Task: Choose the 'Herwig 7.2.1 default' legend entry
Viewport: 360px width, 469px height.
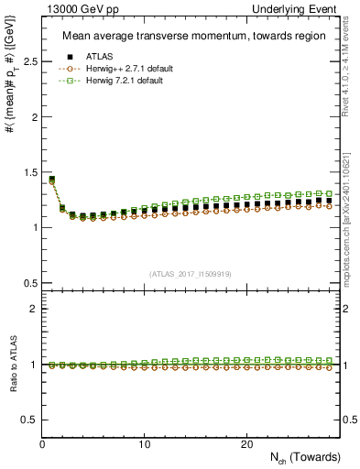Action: pos(126,81)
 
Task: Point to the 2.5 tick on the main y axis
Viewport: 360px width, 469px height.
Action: pos(28,62)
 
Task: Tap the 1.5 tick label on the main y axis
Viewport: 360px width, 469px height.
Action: pos(28,172)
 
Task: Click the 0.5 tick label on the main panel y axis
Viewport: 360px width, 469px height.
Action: pos(28,282)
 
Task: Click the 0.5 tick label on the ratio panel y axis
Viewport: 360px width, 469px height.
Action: pos(28,420)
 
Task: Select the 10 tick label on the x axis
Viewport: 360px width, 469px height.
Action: pos(145,444)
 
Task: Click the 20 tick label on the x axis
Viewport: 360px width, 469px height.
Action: pos(246,444)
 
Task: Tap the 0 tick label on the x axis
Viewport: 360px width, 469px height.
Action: pos(43,444)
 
